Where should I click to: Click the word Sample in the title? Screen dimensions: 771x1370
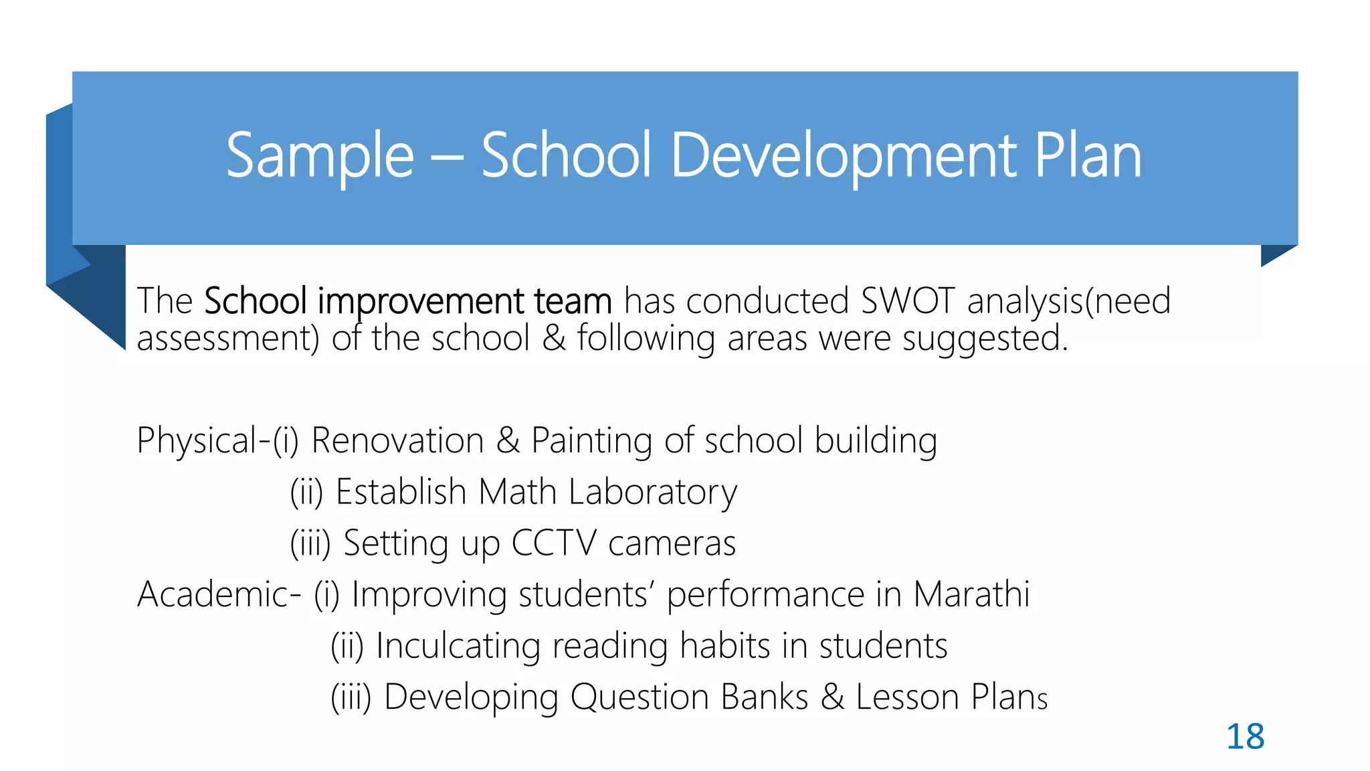(x=320, y=155)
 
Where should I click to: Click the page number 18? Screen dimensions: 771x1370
(x=1245, y=736)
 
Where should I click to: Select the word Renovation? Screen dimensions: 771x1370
(x=397, y=441)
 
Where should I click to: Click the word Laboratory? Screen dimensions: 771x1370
(x=652, y=492)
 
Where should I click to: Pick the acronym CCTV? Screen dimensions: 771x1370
(x=553, y=543)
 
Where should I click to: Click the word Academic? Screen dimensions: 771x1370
(x=213, y=594)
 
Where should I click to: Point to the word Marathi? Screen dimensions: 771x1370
(x=971, y=594)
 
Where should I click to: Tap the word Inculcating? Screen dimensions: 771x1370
(x=458, y=646)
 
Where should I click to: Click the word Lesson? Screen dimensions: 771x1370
(x=907, y=697)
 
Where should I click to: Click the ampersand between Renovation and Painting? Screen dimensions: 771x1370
(x=508, y=441)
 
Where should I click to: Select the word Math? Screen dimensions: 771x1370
(x=517, y=492)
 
